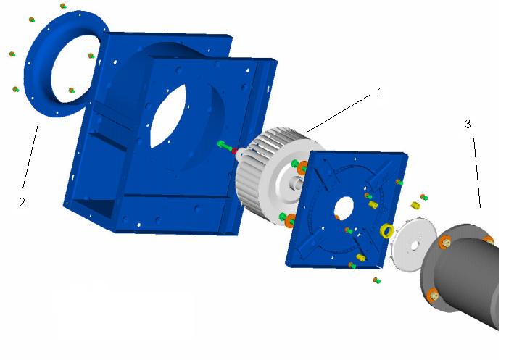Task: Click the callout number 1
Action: [x=379, y=92]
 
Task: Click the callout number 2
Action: [x=22, y=202]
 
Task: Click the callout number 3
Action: [x=468, y=124]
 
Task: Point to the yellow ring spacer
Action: [x=387, y=231]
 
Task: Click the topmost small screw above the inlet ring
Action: [x=63, y=6]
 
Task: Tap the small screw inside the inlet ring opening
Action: [x=71, y=90]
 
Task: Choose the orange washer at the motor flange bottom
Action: [x=432, y=294]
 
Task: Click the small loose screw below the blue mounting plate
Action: [x=376, y=280]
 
